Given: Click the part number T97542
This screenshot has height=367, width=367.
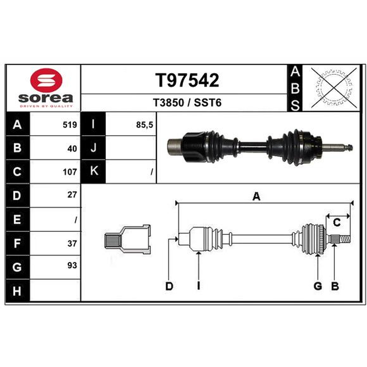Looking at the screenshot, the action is pyautogui.click(x=187, y=80).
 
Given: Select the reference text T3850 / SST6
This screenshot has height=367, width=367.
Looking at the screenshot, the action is pyautogui.click(x=187, y=103).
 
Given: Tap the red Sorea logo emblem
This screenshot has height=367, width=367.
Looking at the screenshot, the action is pyautogui.click(x=46, y=80).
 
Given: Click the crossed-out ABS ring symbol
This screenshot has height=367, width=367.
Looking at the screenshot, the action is pyautogui.click(x=334, y=88).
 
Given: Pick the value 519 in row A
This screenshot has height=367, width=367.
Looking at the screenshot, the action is pyautogui.click(x=70, y=125).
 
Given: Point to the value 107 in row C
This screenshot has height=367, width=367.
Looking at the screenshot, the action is pyautogui.click(x=70, y=172).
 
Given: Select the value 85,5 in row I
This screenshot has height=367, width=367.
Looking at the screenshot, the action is pyautogui.click(x=145, y=125).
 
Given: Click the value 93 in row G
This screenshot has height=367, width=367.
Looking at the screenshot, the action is pyautogui.click(x=72, y=266).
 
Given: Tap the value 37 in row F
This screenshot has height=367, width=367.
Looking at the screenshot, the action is pyautogui.click(x=72, y=244).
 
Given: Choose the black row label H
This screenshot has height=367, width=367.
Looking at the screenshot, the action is pyautogui.click(x=17, y=290).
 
